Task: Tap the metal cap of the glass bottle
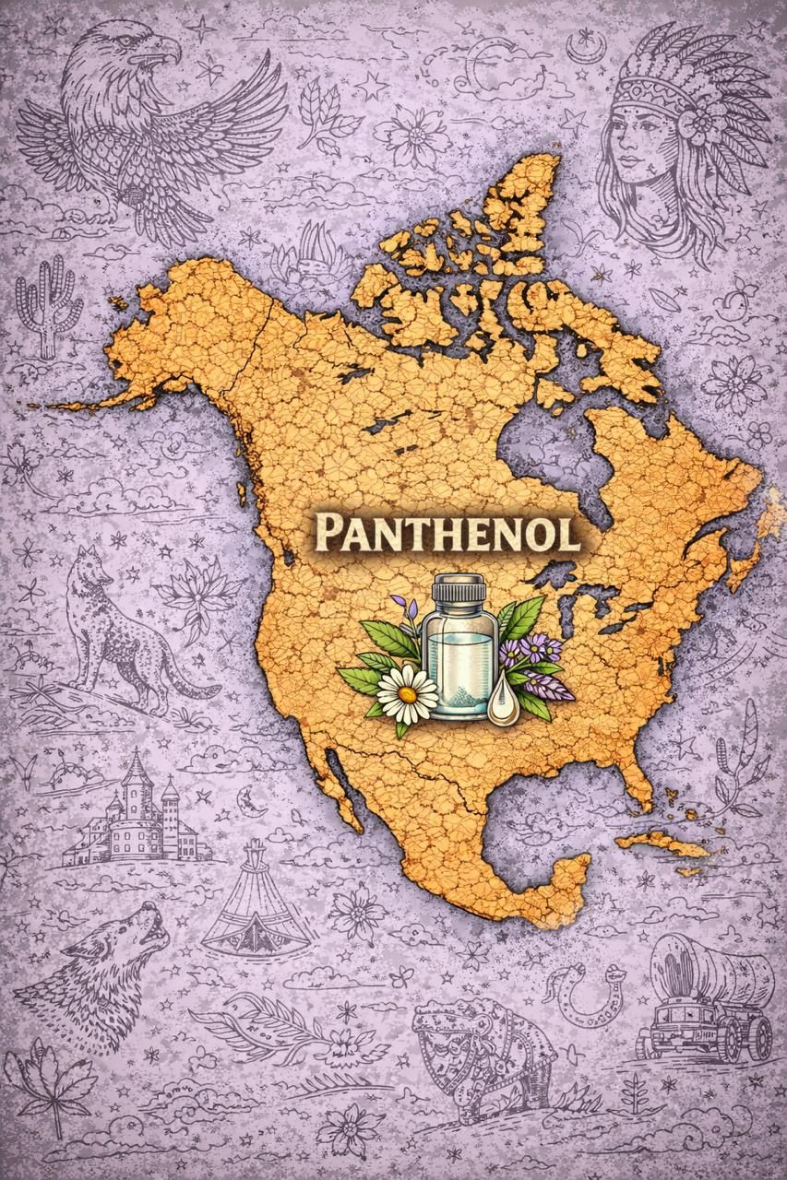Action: tap(459, 586)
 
